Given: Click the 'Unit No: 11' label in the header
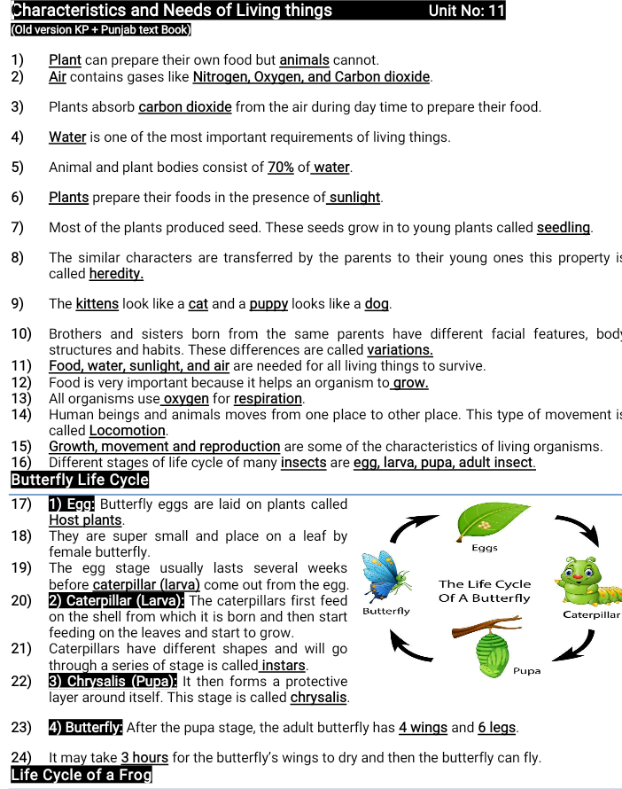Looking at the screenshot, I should pos(466,11).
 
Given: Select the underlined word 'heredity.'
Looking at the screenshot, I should pos(116,274).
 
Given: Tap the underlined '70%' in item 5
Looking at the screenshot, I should pos(281,167).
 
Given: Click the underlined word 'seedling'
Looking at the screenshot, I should pos(564,227).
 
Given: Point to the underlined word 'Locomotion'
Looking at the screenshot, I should pos(128,430).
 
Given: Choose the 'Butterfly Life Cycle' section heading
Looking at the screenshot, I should pos(80,480).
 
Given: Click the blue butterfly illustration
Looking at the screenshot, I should pos(391,577).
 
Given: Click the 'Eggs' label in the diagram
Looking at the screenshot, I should pos(485,548).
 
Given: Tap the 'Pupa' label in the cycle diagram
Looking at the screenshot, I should pos(526,671).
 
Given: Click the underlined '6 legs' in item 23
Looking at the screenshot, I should pos(496,728).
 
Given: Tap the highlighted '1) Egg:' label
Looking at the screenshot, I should pos(72,504).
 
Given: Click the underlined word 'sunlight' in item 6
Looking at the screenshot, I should pos(354,197).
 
